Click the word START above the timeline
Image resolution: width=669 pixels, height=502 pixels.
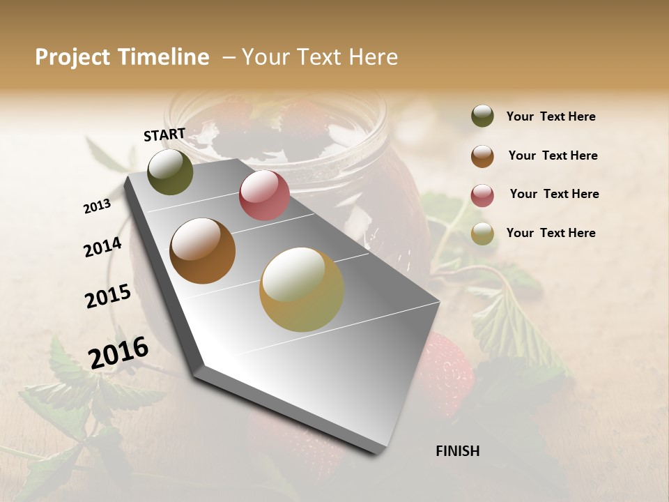point(164,135)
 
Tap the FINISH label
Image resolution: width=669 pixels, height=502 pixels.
point(457,451)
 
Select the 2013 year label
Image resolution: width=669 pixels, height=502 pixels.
point(97,206)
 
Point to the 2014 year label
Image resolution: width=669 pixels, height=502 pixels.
point(102,248)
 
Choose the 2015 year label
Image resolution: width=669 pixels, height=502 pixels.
point(108,296)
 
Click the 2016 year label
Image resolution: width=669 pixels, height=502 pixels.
point(118,353)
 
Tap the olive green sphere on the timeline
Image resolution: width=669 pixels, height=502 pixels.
point(171,172)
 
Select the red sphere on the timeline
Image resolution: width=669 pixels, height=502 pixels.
point(264,195)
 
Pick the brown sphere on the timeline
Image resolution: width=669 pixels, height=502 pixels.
point(203,251)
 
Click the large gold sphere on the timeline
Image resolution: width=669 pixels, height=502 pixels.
point(302,289)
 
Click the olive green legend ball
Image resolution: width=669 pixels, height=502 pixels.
point(482,116)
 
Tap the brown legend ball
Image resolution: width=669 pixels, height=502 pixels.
point(482,156)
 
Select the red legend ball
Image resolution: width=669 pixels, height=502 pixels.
point(482,195)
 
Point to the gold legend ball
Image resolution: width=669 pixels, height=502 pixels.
point(482,234)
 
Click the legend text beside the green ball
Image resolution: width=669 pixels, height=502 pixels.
point(551,116)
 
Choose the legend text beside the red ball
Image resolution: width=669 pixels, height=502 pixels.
point(554,194)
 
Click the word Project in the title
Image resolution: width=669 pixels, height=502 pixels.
point(73,57)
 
